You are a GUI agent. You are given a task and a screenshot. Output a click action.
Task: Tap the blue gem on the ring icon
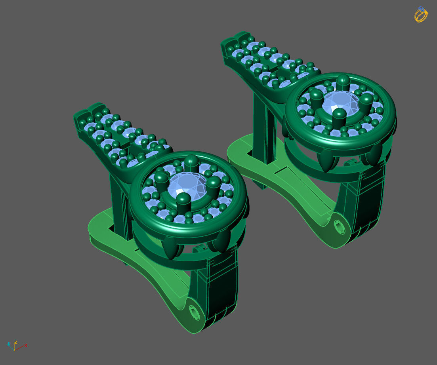point(421,8)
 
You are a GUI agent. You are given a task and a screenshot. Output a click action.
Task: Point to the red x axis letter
point(26,345)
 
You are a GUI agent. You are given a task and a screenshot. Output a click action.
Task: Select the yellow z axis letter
point(15,342)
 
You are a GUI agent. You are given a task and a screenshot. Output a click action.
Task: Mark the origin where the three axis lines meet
point(14,348)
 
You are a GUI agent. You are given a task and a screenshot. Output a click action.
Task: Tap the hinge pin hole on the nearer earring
point(195,312)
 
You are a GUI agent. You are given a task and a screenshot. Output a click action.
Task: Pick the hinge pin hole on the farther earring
point(340,228)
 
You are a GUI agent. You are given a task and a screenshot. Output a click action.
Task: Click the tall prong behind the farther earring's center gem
point(343,82)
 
